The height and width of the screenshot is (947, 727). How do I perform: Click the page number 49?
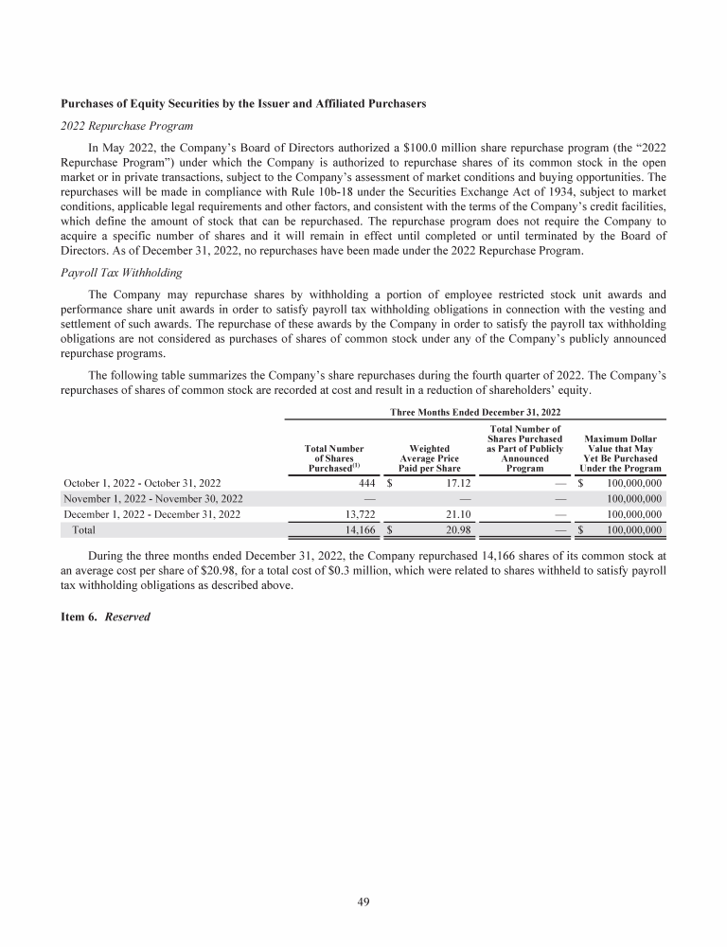point(363,902)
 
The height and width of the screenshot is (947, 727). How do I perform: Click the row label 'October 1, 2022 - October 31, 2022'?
point(143,482)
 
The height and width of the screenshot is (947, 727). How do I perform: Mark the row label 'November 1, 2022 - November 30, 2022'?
point(153,498)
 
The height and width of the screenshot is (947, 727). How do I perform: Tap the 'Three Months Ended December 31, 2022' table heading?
point(475,412)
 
